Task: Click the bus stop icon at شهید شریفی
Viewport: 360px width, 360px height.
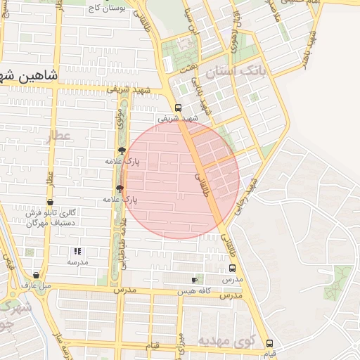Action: (x=178, y=108)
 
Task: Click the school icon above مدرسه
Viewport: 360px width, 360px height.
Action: (x=77, y=250)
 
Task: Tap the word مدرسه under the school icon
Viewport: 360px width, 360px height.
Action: (x=77, y=262)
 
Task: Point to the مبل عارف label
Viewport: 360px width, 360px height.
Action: (x=37, y=286)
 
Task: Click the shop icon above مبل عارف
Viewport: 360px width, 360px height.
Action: (x=36, y=276)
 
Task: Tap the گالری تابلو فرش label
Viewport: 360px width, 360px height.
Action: (x=50, y=213)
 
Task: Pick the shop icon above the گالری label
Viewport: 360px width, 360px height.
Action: (x=50, y=202)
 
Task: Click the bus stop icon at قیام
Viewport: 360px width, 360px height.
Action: (x=269, y=343)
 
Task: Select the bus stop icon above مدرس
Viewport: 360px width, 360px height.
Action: (x=232, y=268)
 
